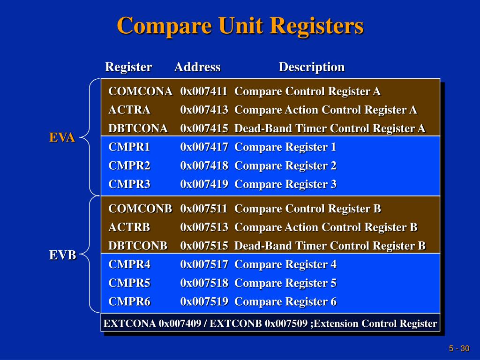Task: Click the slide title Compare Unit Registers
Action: pyautogui.click(x=240, y=25)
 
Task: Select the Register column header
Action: pyautogui.click(x=128, y=67)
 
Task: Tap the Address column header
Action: pyautogui.click(x=197, y=67)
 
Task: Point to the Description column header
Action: pyautogui.click(x=312, y=67)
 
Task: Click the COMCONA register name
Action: pyautogui.click(x=140, y=91)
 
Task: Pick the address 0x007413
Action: pyautogui.click(x=204, y=110)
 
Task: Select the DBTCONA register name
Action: pyautogui.click(x=138, y=128)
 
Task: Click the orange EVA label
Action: pyautogui.click(x=62, y=138)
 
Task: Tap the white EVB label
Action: pyautogui.click(x=63, y=255)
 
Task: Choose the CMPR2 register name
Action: pyautogui.click(x=129, y=166)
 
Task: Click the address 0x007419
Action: pyautogui.click(x=204, y=184)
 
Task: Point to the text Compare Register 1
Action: pyautogui.click(x=285, y=147)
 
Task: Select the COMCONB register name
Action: pyautogui.click(x=140, y=209)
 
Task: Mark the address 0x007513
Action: pyautogui.click(x=204, y=227)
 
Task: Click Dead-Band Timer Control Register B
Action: pyautogui.click(x=330, y=246)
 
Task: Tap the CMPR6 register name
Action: pyautogui.click(x=129, y=302)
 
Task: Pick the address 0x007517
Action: pyautogui.click(x=204, y=264)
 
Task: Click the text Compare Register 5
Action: pyautogui.click(x=285, y=283)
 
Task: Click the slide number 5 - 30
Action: pyautogui.click(x=459, y=348)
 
